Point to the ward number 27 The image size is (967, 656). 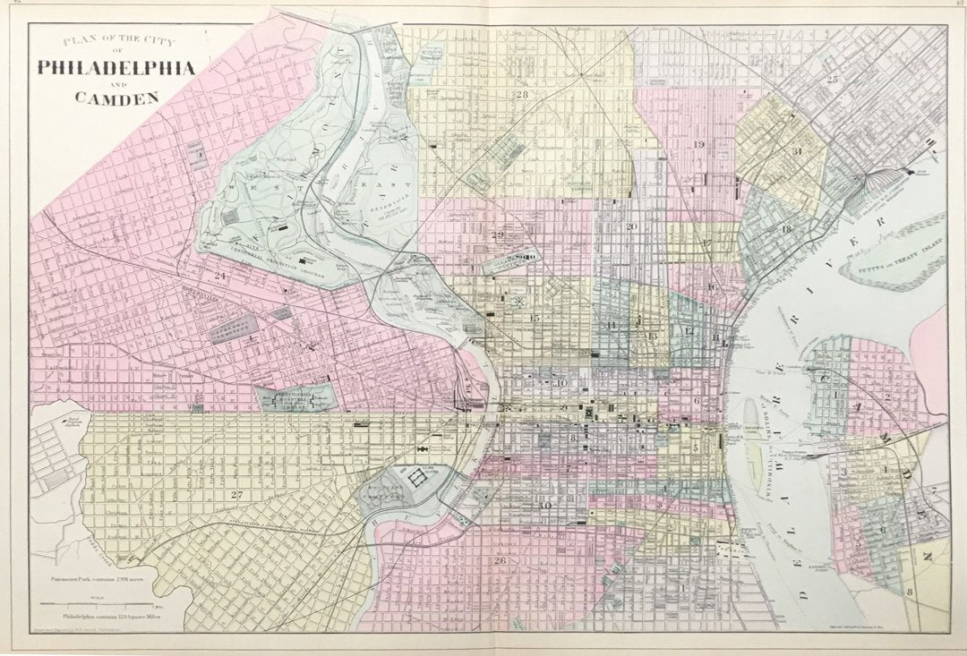coord(236,495)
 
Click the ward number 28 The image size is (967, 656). coord(520,94)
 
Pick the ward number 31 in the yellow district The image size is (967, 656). coord(796,151)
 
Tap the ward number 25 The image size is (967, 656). coord(834,81)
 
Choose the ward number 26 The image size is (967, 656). coord(500,561)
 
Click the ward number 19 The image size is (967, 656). coord(698,144)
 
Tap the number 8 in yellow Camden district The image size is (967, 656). coord(909,592)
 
